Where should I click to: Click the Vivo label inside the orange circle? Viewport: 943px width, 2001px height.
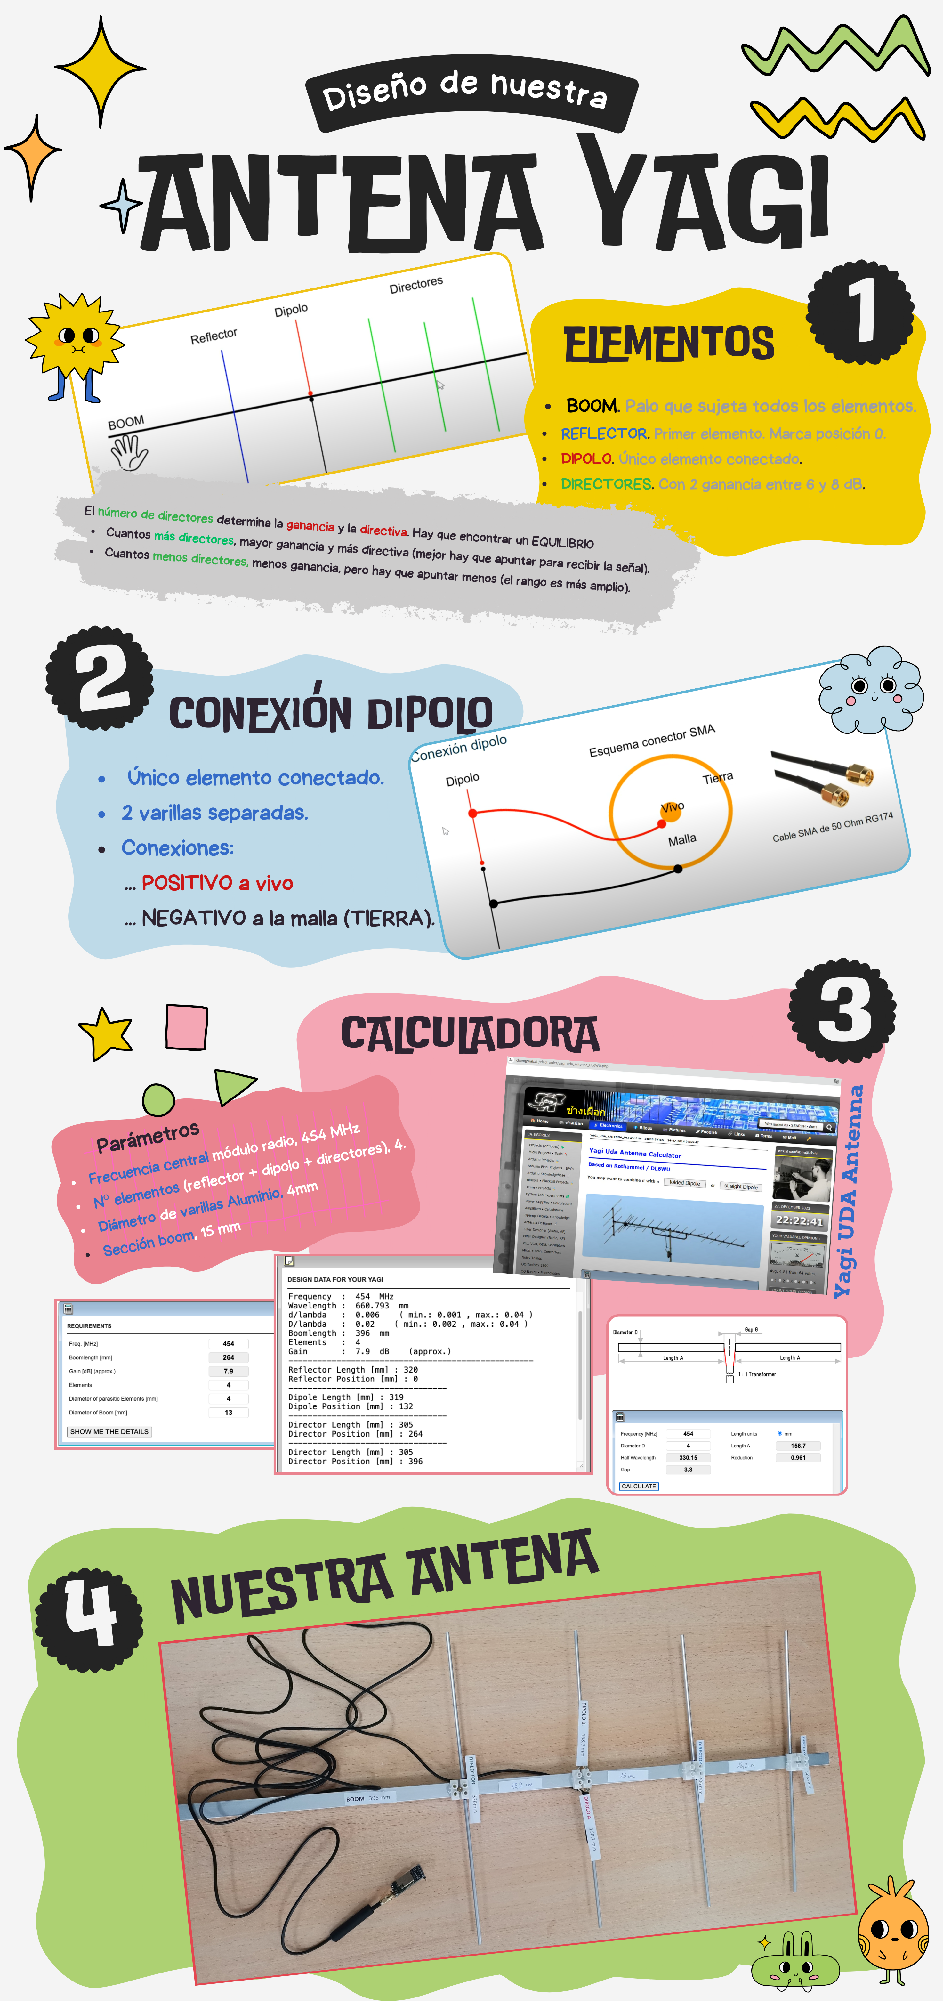coord(672,807)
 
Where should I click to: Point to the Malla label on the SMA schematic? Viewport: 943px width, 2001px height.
coord(682,840)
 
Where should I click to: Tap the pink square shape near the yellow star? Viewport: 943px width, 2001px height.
coord(186,1027)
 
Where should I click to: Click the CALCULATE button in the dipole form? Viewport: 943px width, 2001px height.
coord(639,1486)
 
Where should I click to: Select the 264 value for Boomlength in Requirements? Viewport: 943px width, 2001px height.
coord(228,1357)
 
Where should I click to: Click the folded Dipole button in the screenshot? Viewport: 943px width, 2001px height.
coord(684,1183)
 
